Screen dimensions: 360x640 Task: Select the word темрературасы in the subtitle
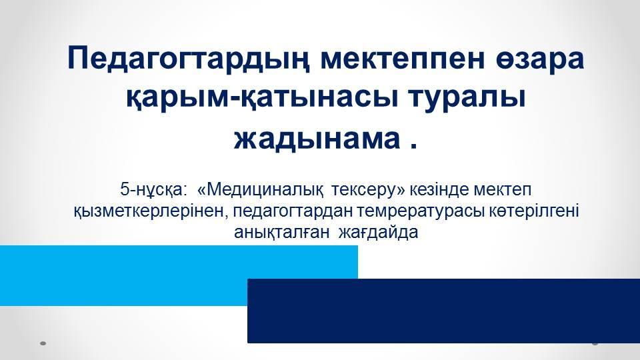[x=417, y=212]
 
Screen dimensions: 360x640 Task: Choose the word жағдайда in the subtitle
[x=378, y=233]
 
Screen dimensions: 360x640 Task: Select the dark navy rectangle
[x=443, y=311]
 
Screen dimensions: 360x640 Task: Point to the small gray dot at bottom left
[x=43, y=343]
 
